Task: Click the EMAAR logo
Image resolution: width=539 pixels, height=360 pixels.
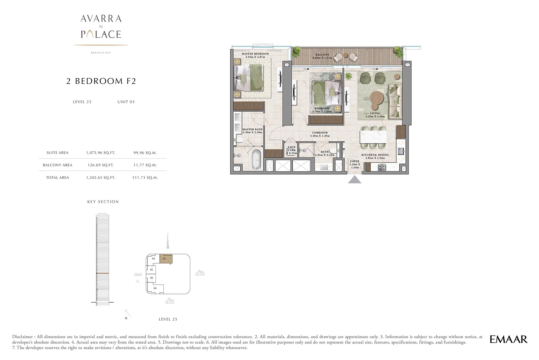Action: click(x=508, y=339)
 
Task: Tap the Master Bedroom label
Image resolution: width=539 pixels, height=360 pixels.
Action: click(x=255, y=54)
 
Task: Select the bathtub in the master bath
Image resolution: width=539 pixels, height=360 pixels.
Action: click(x=256, y=160)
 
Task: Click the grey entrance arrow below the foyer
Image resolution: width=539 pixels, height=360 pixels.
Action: click(x=355, y=180)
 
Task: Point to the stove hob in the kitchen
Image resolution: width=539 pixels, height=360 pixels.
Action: click(x=382, y=167)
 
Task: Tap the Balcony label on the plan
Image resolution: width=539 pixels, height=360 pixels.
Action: click(x=322, y=55)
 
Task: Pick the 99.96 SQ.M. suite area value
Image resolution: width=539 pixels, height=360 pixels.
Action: click(x=145, y=153)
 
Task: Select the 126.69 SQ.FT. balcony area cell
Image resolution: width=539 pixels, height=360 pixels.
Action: click(x=101, y=165)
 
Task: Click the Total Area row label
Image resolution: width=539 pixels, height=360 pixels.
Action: click(x=57, y=177)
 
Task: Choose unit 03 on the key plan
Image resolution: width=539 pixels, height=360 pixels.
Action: click(x=166, y=259)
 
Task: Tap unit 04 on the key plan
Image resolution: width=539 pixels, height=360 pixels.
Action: click(x=155, y=288)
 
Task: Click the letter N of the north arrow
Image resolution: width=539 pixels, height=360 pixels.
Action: click(x=126, y=318)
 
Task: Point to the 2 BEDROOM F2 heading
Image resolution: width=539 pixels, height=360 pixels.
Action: click(x=101, y=81)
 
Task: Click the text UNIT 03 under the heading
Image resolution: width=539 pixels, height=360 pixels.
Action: click(x=126, y=102)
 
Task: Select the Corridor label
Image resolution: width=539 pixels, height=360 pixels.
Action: click(x=320, y=133)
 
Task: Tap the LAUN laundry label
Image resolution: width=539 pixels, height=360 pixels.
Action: click(x=292, y=147)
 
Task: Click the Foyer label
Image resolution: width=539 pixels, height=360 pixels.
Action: click(x=355, y=161)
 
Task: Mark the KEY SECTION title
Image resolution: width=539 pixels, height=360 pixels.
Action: click(x=103, y=202)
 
